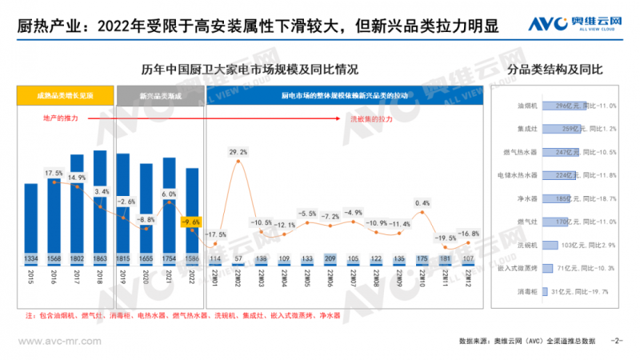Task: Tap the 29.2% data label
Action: [x=238, y=151]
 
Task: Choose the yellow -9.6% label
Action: [x=192, y=222]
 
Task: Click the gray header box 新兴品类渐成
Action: [x=160, y=96]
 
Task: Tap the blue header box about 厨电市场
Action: [x=345, y=96]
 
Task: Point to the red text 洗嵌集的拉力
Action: [x=371, y=118]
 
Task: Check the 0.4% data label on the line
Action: [x=423, y=202]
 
